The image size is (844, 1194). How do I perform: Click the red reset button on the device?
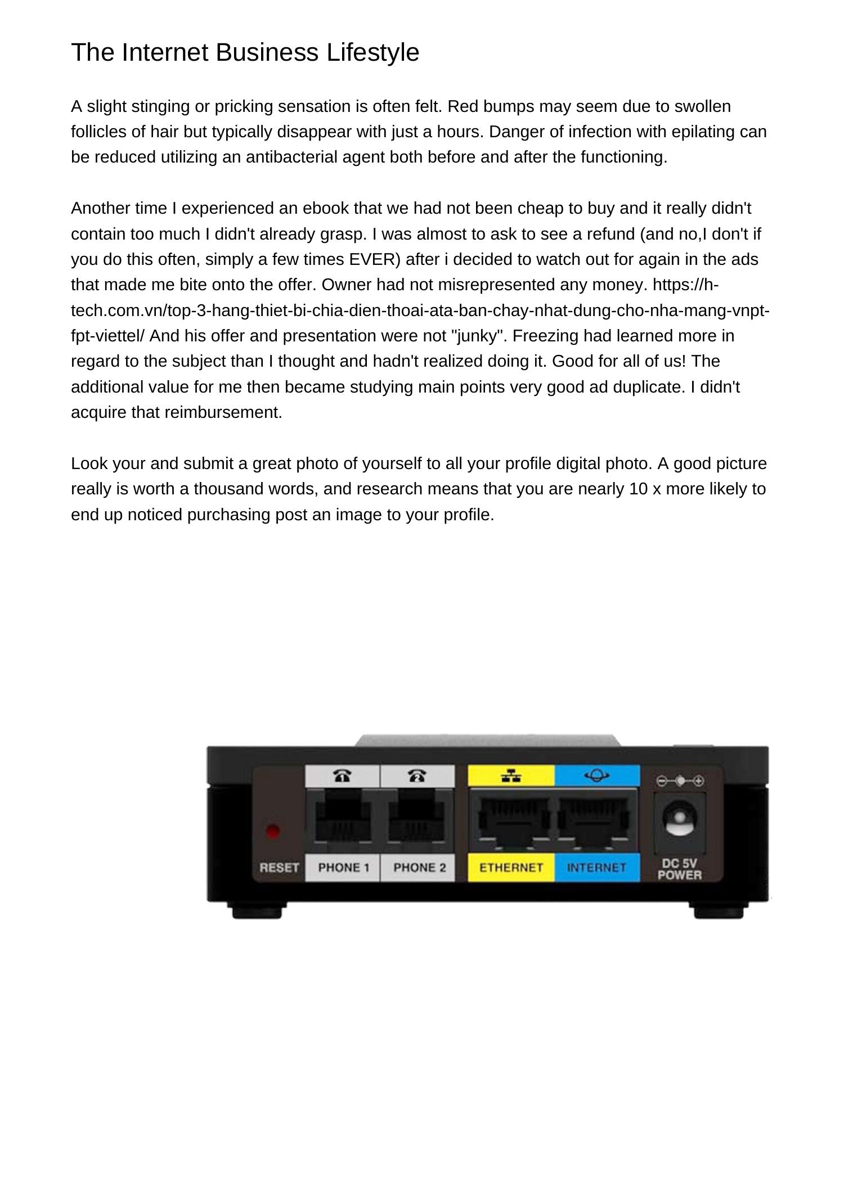273,831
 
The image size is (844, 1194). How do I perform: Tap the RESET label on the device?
279,868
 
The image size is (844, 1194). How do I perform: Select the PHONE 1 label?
343,868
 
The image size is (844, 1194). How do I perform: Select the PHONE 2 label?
419,868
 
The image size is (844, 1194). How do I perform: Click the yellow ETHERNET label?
511,868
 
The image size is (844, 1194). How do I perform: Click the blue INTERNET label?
596,868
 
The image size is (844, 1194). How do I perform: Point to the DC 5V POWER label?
679,869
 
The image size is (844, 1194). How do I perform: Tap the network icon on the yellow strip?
511,777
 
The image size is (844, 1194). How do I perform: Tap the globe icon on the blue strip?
596,776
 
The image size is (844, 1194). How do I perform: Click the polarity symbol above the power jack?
680,781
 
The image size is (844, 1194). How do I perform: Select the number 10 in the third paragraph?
638,489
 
